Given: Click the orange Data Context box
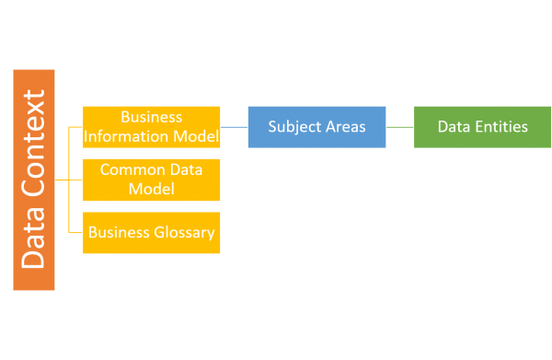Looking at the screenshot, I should click(x=34, y=180).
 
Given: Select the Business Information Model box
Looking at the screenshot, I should click(x=151, y=127).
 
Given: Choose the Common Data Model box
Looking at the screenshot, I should click(x=151, y=180).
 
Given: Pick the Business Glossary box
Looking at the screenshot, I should click(x=151, y=232).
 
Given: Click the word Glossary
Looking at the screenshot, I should click(x=185, y=232).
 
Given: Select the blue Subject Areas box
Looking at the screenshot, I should click(x=316, y=127).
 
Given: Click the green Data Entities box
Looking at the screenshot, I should click(x=482, y=127).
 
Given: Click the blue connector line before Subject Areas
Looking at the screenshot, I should click(x=234, y=127).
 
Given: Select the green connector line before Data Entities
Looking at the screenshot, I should click(x=399, y=127).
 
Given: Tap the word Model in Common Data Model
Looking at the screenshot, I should click(x=151, y=189).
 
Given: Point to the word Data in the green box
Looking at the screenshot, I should click(x=453, y=127).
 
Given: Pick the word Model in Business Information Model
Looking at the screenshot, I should click(x=199, y=137).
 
